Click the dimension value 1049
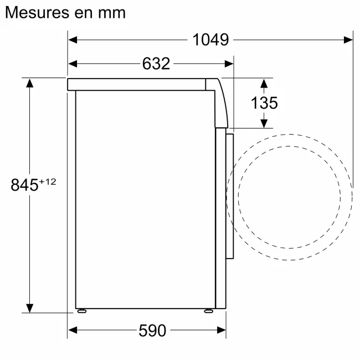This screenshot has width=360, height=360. coord(210,40)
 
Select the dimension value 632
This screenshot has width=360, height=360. coord(156,64)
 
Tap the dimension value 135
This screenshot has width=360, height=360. coord(264,102)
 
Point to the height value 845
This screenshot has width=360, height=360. coord(24,184)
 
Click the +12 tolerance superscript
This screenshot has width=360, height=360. coord(48,181)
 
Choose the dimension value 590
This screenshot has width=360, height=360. coord(152,331)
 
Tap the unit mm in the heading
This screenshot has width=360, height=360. coord(111,12)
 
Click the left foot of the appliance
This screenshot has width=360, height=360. coord(82,310)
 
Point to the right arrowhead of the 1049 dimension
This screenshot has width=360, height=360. coord(348,40)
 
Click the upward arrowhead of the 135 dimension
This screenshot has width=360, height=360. coord(264,84)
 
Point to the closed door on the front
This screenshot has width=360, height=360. coord(230,194)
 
